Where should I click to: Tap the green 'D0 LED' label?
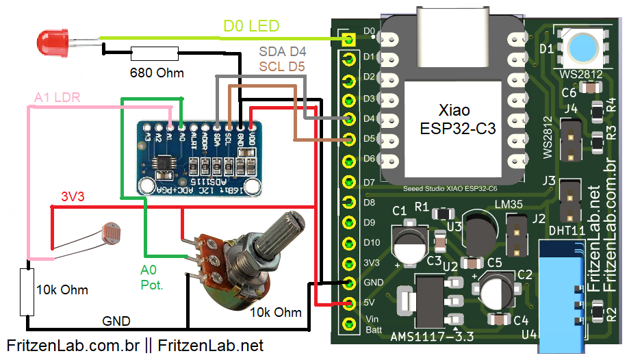[x=251, y=27]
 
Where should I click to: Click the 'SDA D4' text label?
[x=282, y=52]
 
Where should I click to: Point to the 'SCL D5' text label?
[x=282, y=66]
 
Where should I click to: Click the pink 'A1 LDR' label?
[x=57, y=98]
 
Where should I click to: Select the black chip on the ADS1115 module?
[x=166, y=163]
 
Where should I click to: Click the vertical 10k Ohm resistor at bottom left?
[x=27, y=292]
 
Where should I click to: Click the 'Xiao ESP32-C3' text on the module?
[x=457, y=120]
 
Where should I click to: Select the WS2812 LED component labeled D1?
[x=581, y=48]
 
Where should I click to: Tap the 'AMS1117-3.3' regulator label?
[x=432, y=337]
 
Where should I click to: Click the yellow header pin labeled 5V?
[x=350, y=303]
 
